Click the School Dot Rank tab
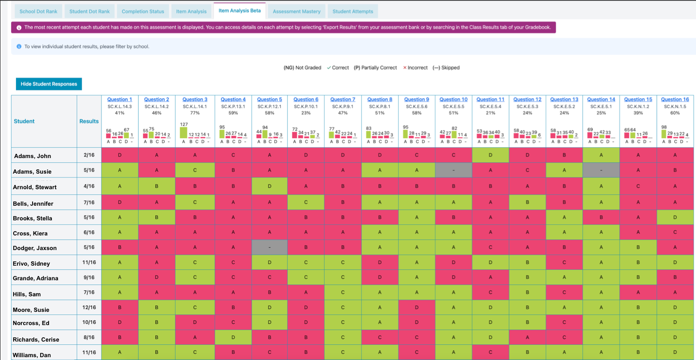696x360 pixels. click(38, 11)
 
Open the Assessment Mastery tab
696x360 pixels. click(296, 11)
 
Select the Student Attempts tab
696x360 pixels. click(352, 11)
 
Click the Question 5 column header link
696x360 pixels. click(269, 100)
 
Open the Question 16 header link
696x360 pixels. click(675, 100)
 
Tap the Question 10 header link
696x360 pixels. click(453, 100)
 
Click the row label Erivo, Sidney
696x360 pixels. click(31, 263)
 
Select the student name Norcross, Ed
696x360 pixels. click(31, 323)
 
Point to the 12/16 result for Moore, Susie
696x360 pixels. click(89, 308)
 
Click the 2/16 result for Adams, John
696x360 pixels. click(89, 155)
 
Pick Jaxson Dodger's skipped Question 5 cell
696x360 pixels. click(269, 247)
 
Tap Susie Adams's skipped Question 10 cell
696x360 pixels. click(453, 170)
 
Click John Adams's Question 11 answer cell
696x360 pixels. click(490, 155)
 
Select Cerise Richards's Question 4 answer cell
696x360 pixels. click(233, 337)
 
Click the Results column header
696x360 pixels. click(89, 121)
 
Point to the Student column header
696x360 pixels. click(24, 121)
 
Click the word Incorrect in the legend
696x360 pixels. click(417, 68)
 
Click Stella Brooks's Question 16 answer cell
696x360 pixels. click(675, 218)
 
